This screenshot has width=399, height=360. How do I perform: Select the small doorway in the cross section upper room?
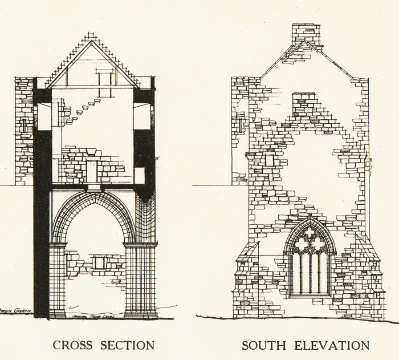pos(92,170)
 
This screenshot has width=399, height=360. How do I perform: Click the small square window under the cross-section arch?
pos(99,262)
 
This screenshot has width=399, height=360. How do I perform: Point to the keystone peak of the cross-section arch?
pos(94,195)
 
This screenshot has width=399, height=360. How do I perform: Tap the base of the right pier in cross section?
pos(140,313)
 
